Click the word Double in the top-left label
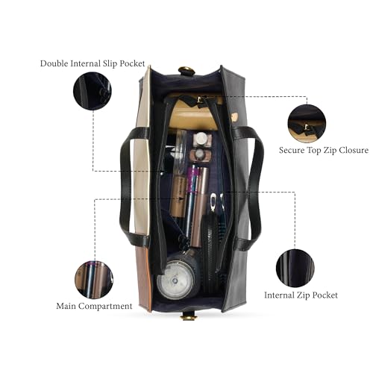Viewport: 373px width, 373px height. pyautogui.click(x=54, y=63)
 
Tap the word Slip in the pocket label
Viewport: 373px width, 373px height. pyautogui.click(x=109, y=63)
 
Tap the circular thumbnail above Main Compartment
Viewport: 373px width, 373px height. pyautogui.click(x=94, y=280)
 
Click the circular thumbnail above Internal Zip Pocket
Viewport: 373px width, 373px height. pyautogui.click(x=295, y=268)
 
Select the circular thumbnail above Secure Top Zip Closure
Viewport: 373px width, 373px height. pyautogui.click(x=307, y=124)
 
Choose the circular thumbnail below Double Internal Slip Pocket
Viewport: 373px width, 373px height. pyautogui.click(x=93, y=91)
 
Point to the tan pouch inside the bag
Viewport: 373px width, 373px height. pyautogui.click(x=196, y=114)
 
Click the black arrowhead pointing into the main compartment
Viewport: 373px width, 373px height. pyautogui.click(x=182, y=198)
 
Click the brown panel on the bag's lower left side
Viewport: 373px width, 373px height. pyautogui.click(x=143, y=278)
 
